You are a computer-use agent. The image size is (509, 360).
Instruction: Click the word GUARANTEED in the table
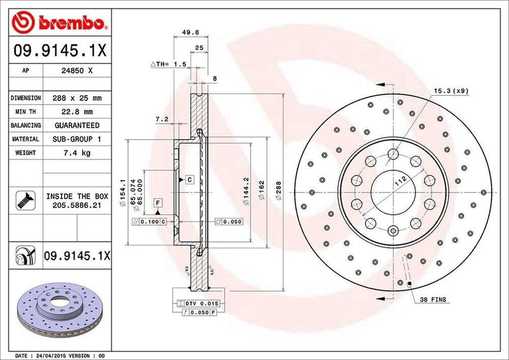tap(77, 125)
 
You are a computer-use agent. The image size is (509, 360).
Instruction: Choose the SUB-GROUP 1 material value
tap(77, 139)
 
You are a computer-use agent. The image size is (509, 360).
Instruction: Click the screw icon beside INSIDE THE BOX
tap(23, 199)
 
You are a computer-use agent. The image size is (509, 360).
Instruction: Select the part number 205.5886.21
tap(77, 204)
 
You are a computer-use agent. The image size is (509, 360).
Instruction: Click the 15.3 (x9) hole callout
tap(451, 90)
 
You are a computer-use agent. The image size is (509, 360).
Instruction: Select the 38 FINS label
tap(432, 300)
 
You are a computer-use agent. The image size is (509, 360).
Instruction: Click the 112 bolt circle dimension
tap(400, 180)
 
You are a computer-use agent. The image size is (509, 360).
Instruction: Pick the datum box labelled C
tap(189, 179)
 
